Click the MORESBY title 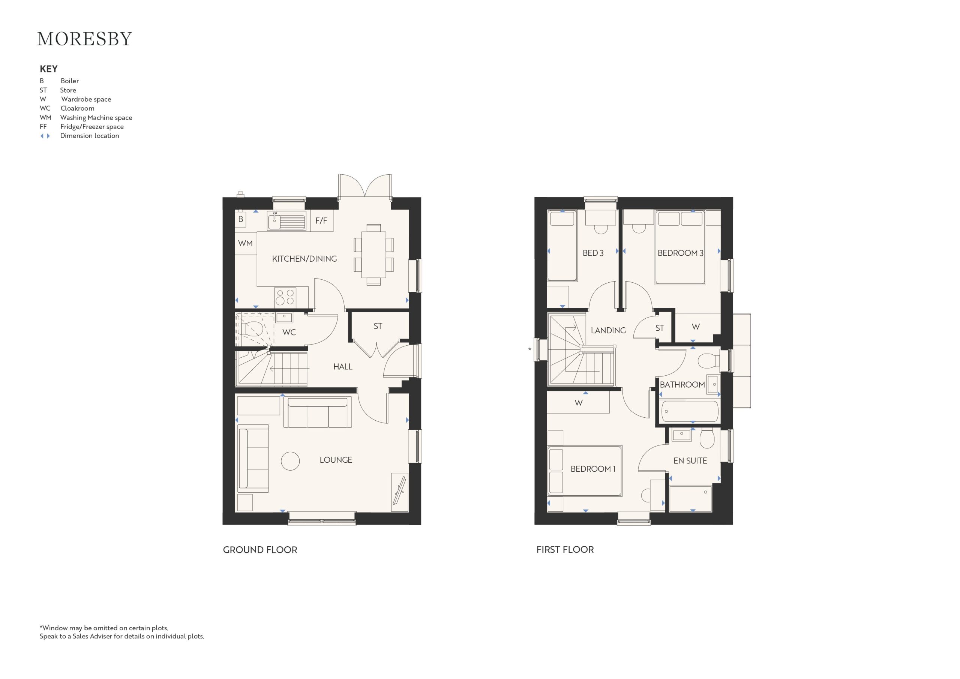84,39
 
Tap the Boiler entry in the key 59,81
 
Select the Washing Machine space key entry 86,117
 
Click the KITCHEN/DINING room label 304,259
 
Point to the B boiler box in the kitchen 240,219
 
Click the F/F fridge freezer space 321,221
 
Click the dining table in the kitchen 373,255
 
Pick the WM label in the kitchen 245,243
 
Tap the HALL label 343,367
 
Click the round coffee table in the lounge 290,461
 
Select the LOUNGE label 336,460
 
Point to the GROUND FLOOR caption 260,550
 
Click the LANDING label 608,330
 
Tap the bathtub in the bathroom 688,411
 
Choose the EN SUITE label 690,461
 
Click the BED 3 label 593,253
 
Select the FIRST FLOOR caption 565,550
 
